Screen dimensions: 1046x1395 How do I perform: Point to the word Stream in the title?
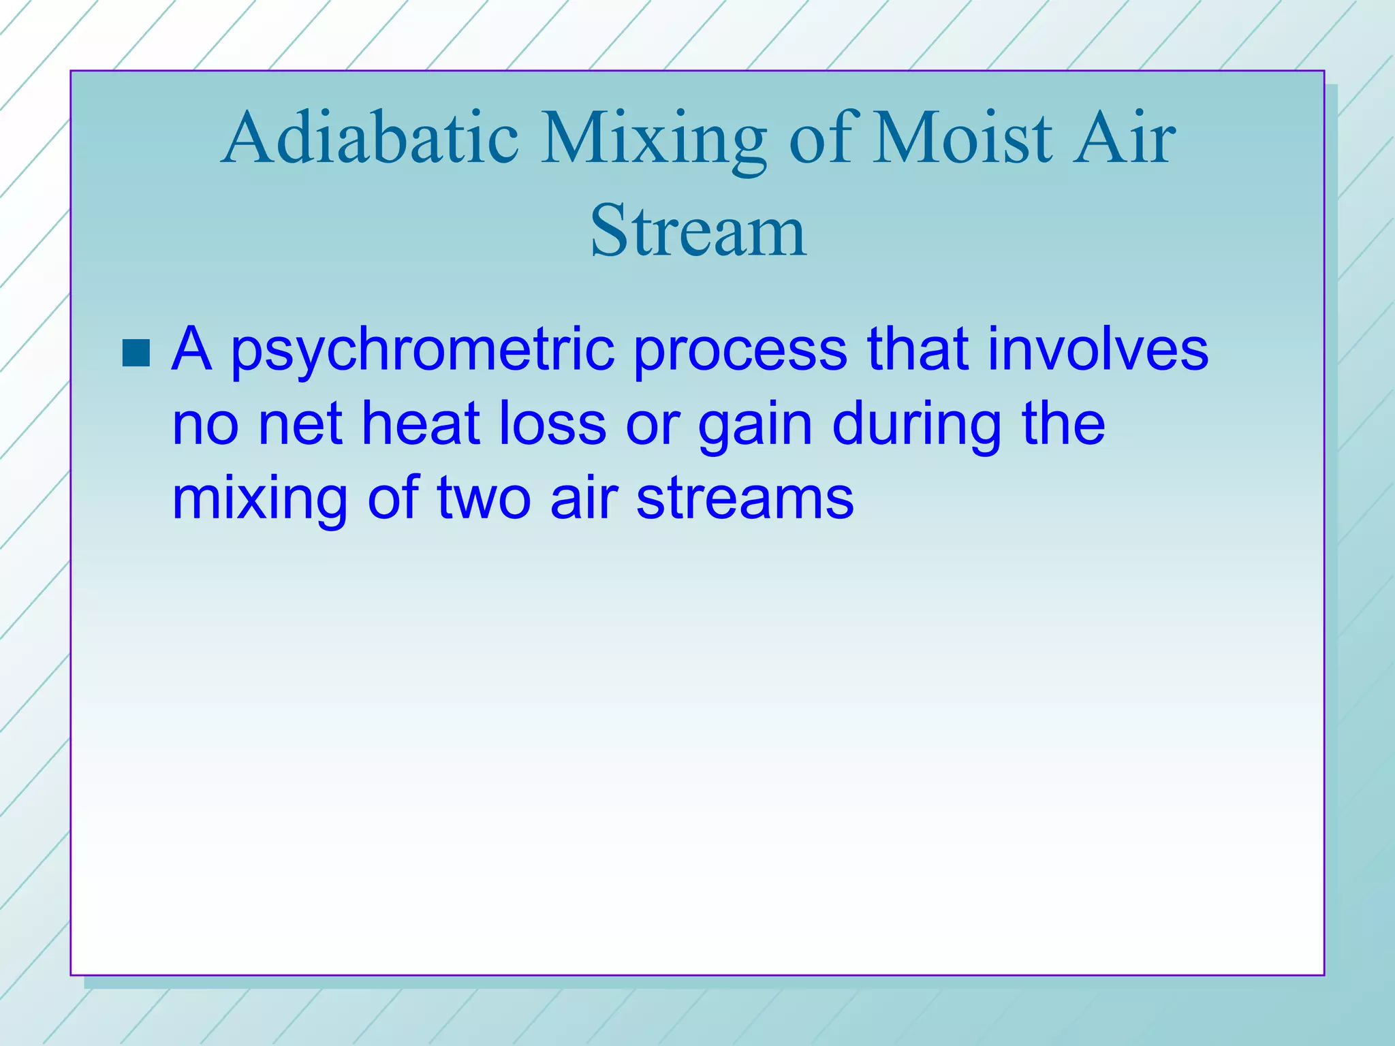click(698, 232)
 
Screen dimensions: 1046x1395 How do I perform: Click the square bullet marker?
click(136, 353)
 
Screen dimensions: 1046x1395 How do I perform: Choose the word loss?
click(552, 424)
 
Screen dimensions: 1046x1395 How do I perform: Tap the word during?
click(917, 425)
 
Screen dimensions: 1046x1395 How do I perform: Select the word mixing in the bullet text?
click(260, 499)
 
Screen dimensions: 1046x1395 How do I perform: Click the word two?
click(483, 499)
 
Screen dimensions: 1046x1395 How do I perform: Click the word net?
click(300, 425)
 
